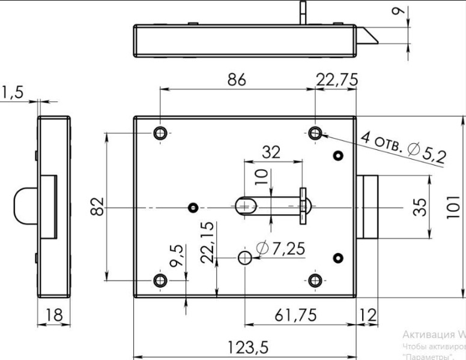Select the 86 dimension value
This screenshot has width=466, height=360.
click(x=238, y=80)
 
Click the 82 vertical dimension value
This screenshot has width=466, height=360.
click(x=100, y=206)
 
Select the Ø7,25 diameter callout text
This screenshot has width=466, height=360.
click(x=278, y=248)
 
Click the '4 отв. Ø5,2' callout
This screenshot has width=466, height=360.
click(x=404, y=147)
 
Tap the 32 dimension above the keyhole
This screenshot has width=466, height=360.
click(x=272, y=152)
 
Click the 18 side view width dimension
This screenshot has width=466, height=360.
click(x=54, y=315)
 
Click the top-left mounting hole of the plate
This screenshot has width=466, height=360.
click(x=160, y=133)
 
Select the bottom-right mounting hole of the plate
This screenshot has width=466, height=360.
click(x=316, y=280)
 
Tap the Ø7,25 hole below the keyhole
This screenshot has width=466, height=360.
click(x=244, y=257)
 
